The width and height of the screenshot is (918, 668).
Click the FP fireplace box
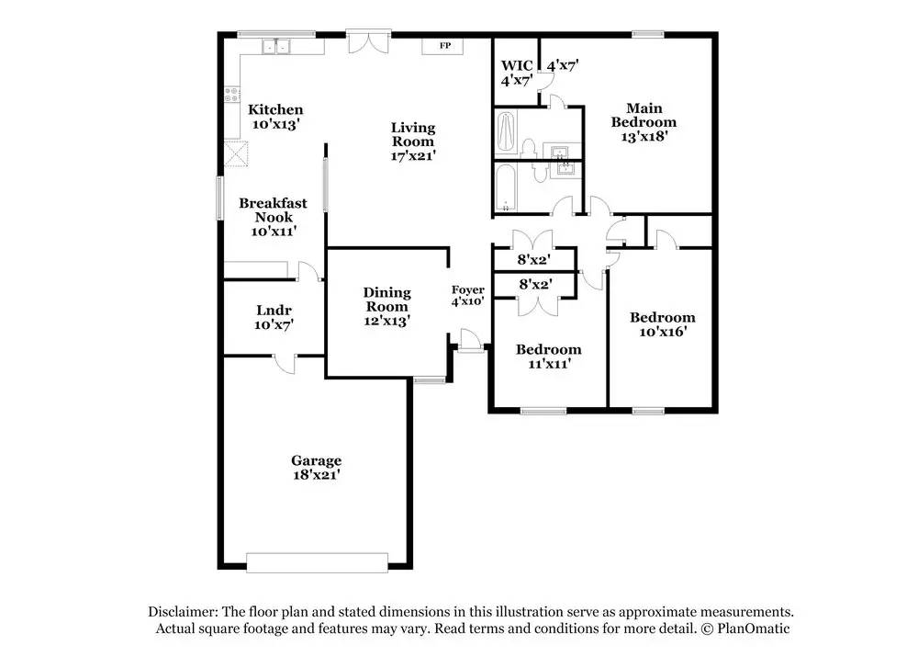(x=442, y=46)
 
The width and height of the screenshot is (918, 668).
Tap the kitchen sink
(x=276, y=46)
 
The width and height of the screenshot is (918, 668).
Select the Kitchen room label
(x=275, y=109)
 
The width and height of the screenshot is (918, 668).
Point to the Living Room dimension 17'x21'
(x=413, y=155)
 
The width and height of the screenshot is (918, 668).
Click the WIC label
(x=516, y=65)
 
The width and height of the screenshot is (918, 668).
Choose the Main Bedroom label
(x=644, y=115)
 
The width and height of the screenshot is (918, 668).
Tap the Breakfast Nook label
(x=273, y=209)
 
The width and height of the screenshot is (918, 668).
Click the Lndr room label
(x=274, y=311)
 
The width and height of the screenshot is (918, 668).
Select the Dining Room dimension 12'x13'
(x=386, y=321)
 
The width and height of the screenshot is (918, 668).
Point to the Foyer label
(x=468, y=289)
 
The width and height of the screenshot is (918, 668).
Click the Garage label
(x=316, y=460)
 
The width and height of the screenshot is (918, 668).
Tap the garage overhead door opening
(x=318, y=562)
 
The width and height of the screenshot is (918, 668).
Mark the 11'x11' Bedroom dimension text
(x=549, y=364)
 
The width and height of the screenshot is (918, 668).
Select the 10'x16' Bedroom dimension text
(x=663, y=332)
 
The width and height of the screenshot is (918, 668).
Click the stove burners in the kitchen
(x=232, y=94)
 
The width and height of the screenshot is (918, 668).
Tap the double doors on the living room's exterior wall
(x=369, y=41)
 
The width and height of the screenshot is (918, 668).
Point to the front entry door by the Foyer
(x=469, y=341)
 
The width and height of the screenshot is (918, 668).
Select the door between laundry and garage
(x=285, y=362)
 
